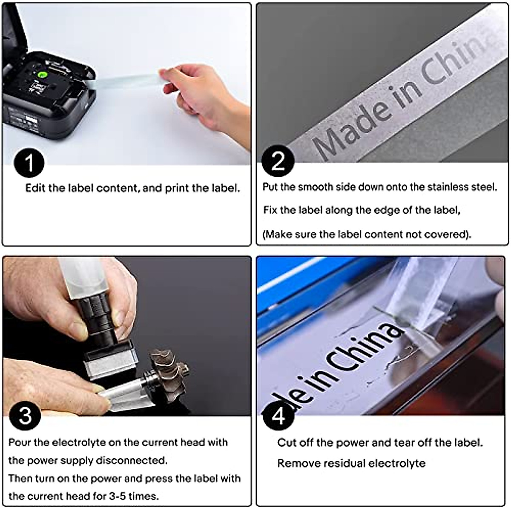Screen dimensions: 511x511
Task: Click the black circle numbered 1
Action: [29, 163]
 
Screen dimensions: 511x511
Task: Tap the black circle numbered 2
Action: [278, 161]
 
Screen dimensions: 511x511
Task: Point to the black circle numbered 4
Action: [278, 416]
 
